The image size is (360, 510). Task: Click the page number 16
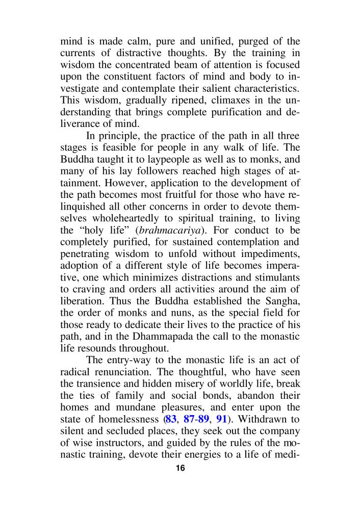coord(180,469)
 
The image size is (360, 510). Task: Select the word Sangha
coord(282,312)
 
